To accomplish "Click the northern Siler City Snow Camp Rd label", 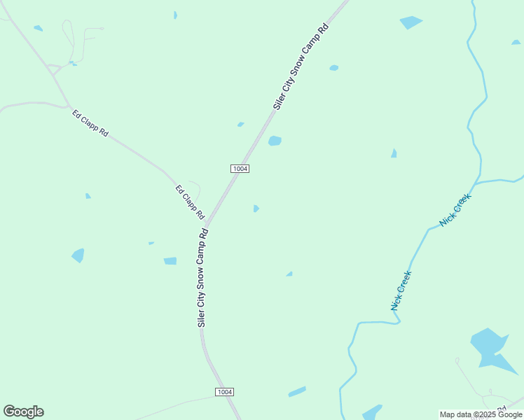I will pyautogui.click(x=301, y=67).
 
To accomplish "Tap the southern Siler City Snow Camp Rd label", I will pyautogui.click(x=202, y=278).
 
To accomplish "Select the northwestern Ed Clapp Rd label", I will pyautogui.click(x=90, y=122).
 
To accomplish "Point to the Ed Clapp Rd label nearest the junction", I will pyautogui.click(x=189, y=202).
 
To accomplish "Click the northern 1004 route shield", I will pyautogui.click(x=240, y=169).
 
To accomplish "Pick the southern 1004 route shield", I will pyautogui.click(x=224, y=392).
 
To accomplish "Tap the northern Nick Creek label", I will pyautogui.click(x=456, y=209).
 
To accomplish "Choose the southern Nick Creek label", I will pyautogui.click(x=401, y=290).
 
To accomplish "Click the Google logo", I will pyautogui.click(x=23, y=412).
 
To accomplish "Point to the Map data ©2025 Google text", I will pyautogui.click(x=481, y=414).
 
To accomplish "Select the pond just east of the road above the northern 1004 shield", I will pyautogui.click(x=275, y=141).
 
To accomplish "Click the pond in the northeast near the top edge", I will pyautogui.click(x=411, y=22).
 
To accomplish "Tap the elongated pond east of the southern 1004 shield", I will pyautogui.click(x=297, y=391).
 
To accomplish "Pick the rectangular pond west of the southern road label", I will pyautogui.click(x=170, y=261).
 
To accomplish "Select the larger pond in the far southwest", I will pyautogui.click(x=78, y=255).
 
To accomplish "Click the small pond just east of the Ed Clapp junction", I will pyautogui.click(x=256, y=209).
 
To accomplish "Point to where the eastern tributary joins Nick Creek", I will pyautogui.click(x=477, y=183).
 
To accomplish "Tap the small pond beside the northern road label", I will pyautogui.click(x=334, y=68).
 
